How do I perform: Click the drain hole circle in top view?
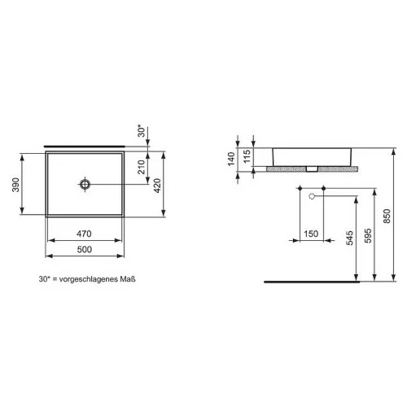tap(85, 184)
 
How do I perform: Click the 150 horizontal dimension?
tap(310, 234)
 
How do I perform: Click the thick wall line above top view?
tap(81, 145)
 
